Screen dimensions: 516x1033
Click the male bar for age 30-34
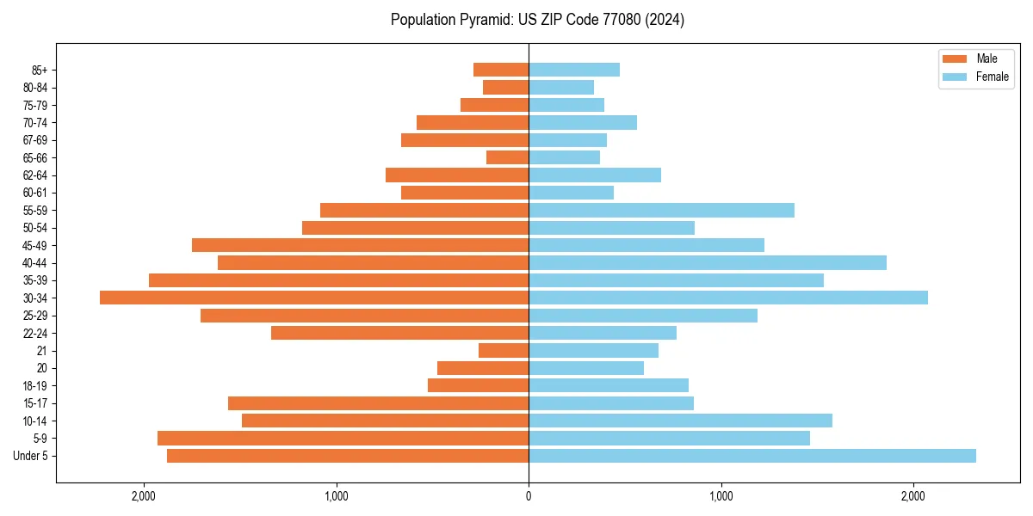pyautogui.click(x=314, y=298)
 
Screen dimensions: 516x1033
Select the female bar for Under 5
pyautogui.click(x=752, y=456)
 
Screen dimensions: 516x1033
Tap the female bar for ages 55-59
pyautogui.click(x=661, y=210)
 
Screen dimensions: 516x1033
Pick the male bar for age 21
pyautogui.click(x=504, y=351)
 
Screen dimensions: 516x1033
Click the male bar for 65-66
pyautogui.click(x=507, y=157)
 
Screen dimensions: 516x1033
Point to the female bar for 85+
pyautogui.click(x=574, y=70)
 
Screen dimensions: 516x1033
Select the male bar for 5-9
pyautogui.click(x=343, y=438)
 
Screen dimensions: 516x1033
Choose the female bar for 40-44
pyautogui.click(x=708, y=262)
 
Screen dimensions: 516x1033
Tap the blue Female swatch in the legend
pyautogui.click(x=956, y=77)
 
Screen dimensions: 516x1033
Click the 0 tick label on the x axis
pyautogui.click(x=529, y=496)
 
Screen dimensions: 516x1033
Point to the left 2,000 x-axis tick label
pyautogui.click(x=143, y=496)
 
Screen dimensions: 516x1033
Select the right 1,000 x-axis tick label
pyautogui.click(x=721, y=496)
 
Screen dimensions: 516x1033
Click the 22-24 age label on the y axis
pyautogui.click(x=35, y=333)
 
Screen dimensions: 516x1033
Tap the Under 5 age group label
pyautogui.click(x=30, y=456)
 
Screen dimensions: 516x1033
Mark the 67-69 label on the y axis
pyautogui.click(x=35, y=140)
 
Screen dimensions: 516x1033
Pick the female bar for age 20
pyautogui.click(x=586, y=368)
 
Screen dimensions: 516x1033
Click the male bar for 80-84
pyautogui.click(x=505, y=87)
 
